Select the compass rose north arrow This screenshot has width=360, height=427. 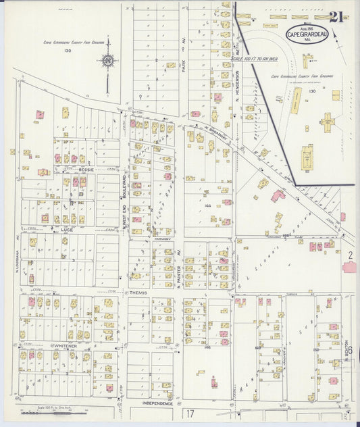107,62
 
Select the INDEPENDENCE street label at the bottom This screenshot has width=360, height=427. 157,403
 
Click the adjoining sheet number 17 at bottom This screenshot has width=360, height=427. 191,412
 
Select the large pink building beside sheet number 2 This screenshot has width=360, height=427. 351,266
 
